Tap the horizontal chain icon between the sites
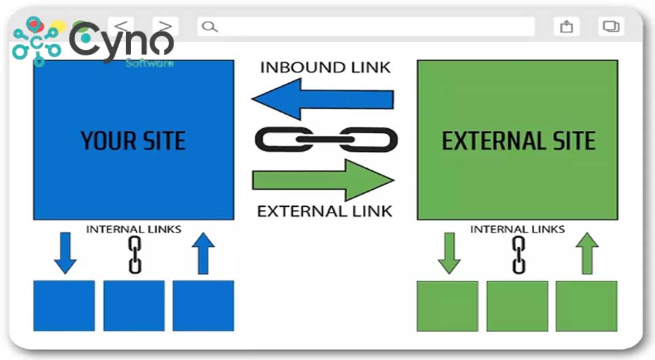(326, 139)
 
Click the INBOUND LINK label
(325, 67)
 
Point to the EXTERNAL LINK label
(325, 211)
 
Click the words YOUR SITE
(133, 141)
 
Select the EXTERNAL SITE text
(518, 141)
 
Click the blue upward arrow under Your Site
(204, 254)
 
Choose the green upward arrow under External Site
(587, 254)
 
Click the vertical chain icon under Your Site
(135, 255)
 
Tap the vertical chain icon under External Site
(519, 255)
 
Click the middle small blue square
(134, 306)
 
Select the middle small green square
(518, 306)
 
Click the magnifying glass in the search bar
(209, 27)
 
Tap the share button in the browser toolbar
(567, 27)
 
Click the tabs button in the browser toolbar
(610, 27)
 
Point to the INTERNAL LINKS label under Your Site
(134, 230)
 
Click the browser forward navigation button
(165, 27)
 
